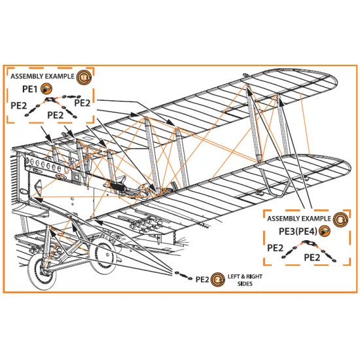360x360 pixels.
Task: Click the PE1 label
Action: click(30, 89)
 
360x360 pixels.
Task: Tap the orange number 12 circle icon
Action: click(84, 78)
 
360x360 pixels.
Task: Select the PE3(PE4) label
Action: click(298, 232)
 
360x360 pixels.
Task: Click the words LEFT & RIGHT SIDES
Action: click(245, 280)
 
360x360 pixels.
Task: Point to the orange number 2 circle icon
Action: click(218, 280)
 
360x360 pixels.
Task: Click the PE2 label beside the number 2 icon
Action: click(202, 279)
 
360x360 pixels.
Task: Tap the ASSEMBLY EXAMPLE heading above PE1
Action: click(43, 77)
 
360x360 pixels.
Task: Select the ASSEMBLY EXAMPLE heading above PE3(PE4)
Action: click(298, 219)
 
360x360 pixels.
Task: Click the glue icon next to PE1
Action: click(46, 89)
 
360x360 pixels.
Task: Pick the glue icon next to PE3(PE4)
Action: click(325, 231)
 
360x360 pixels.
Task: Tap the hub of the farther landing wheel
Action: click(107, 255)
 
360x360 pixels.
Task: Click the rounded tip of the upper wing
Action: click(334, 81)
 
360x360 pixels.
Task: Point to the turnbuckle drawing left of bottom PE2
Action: click(183, 276)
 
